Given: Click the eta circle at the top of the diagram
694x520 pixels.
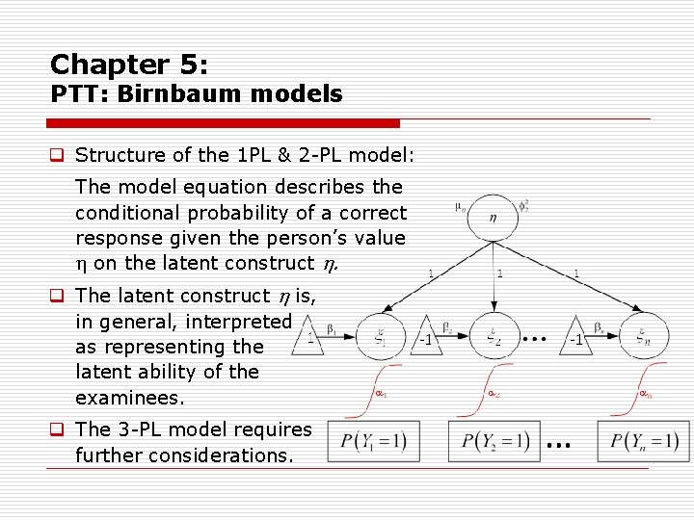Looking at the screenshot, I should tap(493, 219).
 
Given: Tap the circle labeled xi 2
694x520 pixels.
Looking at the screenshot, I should tap(494, 337).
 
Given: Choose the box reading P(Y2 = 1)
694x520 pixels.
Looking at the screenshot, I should tap(494, 441).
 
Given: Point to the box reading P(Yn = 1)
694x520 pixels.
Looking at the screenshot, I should tap(643, 441).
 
